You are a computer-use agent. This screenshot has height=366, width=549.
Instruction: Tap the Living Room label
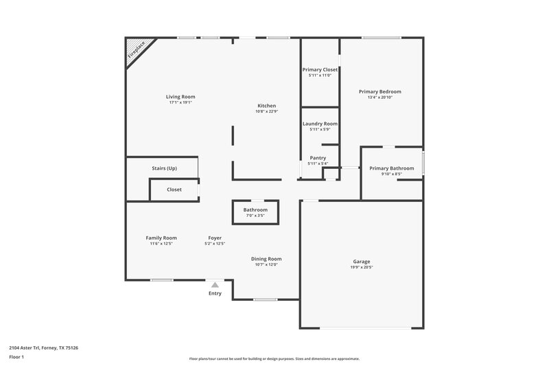tap(180, 97)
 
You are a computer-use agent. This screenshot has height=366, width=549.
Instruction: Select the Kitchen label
tap(266, 106)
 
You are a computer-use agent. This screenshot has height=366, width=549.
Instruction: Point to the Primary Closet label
tap(320, 69)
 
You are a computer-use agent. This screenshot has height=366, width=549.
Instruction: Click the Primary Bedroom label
tap(379, 91)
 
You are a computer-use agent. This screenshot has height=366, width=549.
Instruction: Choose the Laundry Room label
tap(320, 124)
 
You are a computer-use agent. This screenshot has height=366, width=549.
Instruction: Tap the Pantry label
tap(318, 158)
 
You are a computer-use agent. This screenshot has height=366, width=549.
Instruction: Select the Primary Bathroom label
tap(391, 168)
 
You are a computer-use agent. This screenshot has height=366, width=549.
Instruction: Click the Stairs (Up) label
tap(164, 168)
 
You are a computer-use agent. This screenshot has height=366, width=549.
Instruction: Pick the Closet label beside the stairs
tap(174, 190)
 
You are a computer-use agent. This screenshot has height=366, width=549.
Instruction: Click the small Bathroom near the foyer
tap(255, 209)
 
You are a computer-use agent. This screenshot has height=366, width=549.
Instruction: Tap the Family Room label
tap(161, 238)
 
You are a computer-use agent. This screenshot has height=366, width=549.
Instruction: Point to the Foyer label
tap(215, 238)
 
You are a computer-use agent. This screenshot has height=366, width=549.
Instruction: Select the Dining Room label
tap(268, 259)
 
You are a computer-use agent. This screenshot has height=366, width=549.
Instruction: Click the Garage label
tap(362, 262)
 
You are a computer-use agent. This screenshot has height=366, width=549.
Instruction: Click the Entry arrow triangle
tap(215, 284)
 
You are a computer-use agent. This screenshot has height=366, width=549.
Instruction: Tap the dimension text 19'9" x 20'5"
tap(362, 267)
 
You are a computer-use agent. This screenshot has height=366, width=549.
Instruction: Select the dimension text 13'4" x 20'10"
tap(379, 97)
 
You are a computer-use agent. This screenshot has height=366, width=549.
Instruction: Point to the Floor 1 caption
tap(16, 358)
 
